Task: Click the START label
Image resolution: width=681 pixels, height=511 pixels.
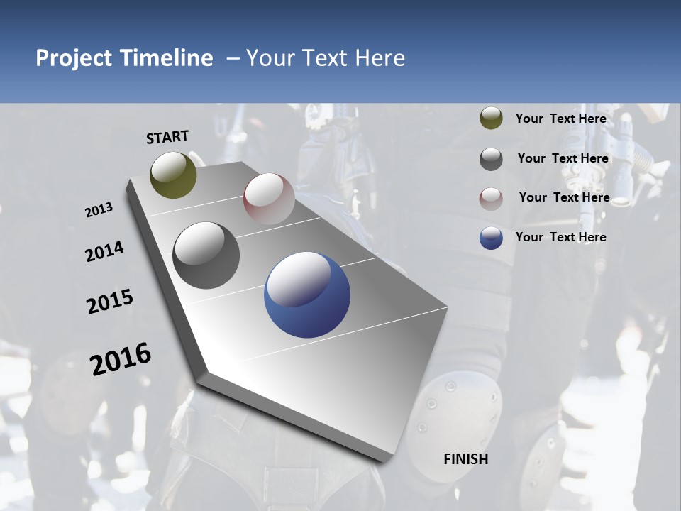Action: [167, 137]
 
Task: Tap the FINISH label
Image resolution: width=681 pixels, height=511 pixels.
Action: [465, 459]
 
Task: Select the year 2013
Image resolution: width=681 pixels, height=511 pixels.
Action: [99, 210]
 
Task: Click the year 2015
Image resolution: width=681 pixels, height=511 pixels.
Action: [110, 301]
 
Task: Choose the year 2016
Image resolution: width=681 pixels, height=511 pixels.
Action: [121, 359]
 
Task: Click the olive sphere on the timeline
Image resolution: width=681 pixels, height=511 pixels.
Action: [173, 175]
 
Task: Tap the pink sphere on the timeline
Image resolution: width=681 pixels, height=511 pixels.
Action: [269, 198]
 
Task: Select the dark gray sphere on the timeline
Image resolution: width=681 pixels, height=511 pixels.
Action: [206, 255]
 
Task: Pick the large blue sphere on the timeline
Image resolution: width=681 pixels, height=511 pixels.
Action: [307, 295]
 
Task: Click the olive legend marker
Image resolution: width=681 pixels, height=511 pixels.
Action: [491, 119]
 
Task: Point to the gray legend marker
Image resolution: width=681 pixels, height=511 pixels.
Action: [491, 159]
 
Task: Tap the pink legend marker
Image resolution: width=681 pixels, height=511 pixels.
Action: [491, 199]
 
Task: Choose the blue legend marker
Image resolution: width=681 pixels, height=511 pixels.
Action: [491, 238]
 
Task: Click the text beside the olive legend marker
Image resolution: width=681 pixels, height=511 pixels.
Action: [560, 119]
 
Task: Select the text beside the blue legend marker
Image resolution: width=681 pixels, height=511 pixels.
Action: [560, 237]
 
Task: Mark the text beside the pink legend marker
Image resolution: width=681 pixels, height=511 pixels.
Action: [564, 197]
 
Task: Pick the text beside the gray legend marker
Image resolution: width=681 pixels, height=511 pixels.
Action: [563, 158]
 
